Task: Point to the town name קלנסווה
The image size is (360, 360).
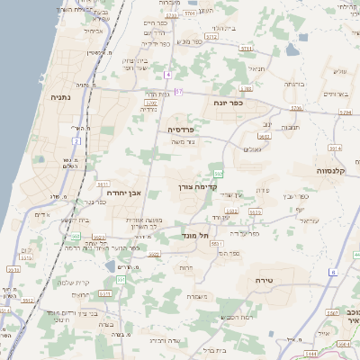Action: coord(331,169)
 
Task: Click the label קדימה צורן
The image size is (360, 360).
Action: coord(196,187)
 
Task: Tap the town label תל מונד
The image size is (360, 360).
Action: coord(197,236)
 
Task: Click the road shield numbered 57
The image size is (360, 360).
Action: coord(179,91)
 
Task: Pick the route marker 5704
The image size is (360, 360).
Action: coord(346,112)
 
